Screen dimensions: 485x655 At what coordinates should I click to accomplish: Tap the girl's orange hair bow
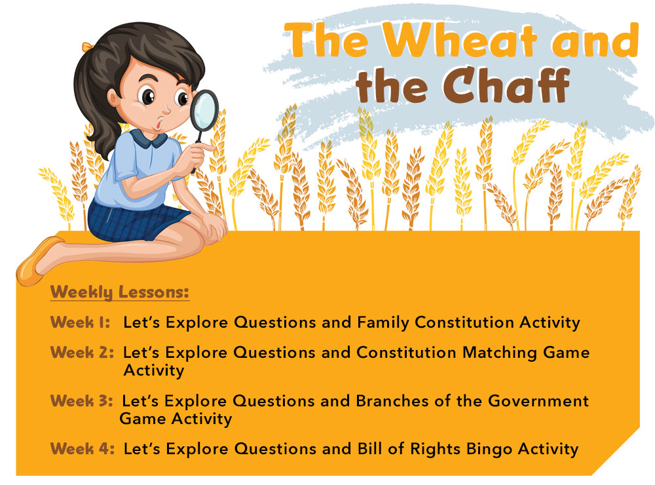[x=86, y=48]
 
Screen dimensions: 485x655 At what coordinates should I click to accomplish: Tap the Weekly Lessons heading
[x=120, y=292]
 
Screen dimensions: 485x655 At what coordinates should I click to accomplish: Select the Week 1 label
[x=79, y=322]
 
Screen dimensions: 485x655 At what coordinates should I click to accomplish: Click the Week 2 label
[x=82, y=353]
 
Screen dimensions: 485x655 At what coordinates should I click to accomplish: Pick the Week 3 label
[x=81, y=400]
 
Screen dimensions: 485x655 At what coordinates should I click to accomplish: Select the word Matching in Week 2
[x=500, y=353]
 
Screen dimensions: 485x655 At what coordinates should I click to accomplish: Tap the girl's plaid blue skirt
[x=131, y=220]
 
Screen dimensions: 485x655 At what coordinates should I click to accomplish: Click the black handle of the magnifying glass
[x=196, y=148]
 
